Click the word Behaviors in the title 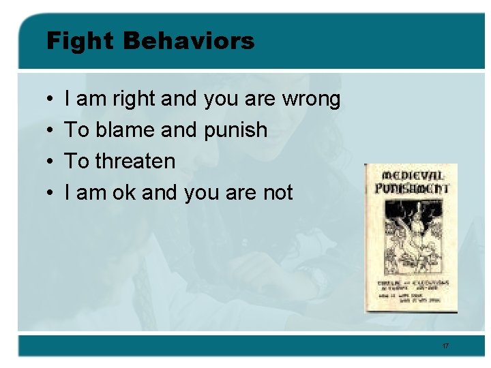point(189,41)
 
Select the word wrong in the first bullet point(311,99)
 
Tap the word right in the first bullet point(134,99)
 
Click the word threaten point(136,162)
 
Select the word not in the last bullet point(278,193)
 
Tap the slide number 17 point(445,346)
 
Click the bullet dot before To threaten point(51,162)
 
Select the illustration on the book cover point(411,238)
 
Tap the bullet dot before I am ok point(51,194)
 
